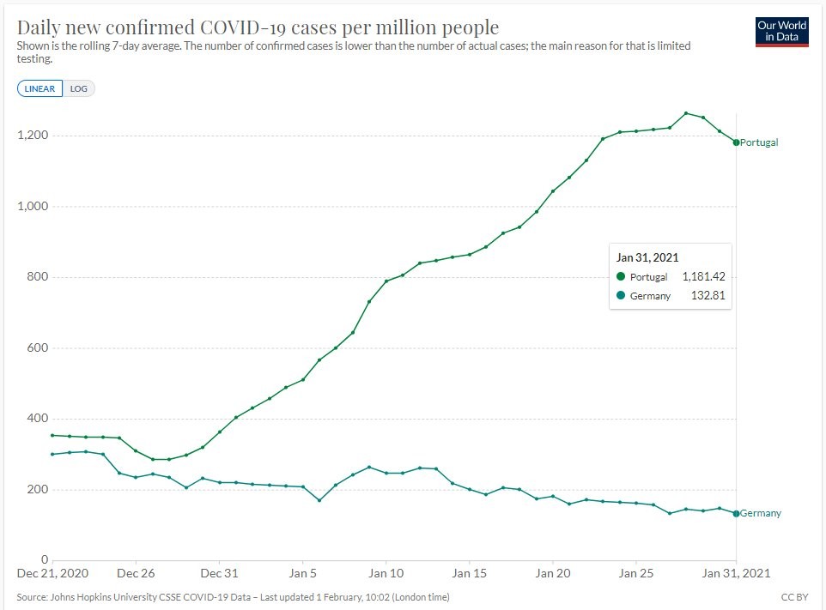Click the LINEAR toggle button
tap(39, 88)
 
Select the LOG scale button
tap(79, 88)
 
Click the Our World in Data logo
tap(782, 31)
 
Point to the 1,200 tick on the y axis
tap(32, 136)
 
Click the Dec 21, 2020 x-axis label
tap(52, 572)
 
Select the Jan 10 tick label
tap(386, 572)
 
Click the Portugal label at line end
tap(759, 142)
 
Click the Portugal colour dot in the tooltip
tap(621, 277)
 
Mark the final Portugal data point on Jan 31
tap(737, 142)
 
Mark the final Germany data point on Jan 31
tap(737, 513)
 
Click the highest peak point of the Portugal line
tap(686, 113)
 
